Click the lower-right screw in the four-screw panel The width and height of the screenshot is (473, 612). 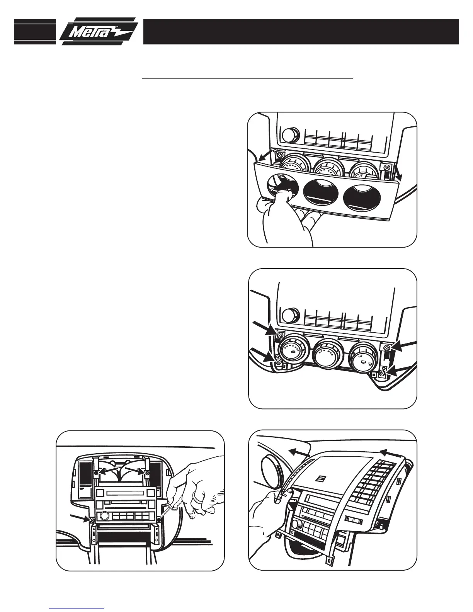coord(382,372)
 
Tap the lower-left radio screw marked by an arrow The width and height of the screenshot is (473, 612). coord(93,521)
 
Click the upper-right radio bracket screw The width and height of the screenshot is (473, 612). coord(147,473)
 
